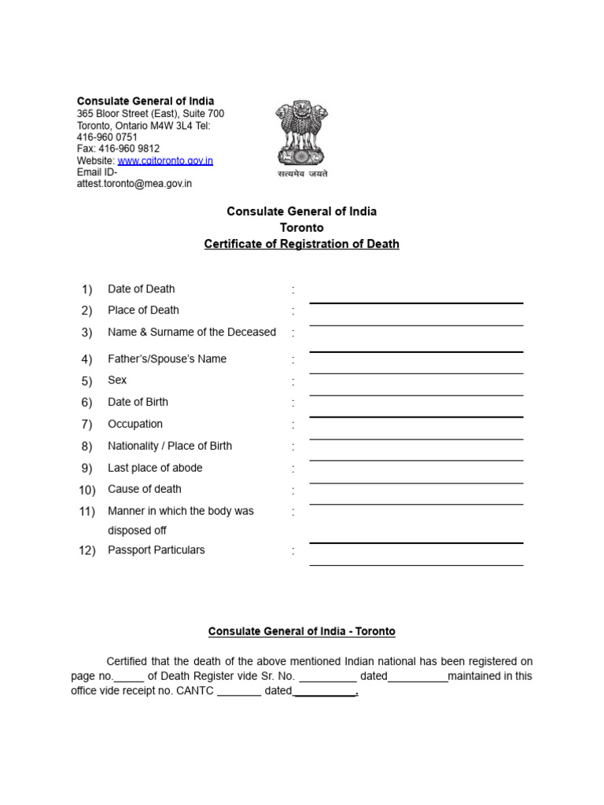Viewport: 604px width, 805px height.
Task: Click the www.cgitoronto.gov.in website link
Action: pyautogui.click(x=165, y=160)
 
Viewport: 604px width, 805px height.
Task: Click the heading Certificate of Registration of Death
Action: pyautogui.click(x=301, y=244)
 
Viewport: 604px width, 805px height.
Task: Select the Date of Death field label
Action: pyautogui.click(x=141, y=289)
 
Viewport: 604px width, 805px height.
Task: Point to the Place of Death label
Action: pyautogui.click(x=143, y=310)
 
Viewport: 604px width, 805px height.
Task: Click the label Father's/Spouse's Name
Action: pyautogui.click(x=167, y=358)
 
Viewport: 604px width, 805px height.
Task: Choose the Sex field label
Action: pyautogui.click(x=117, y=380)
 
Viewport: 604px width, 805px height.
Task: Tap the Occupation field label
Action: pyautogui.click(x=135, y=424)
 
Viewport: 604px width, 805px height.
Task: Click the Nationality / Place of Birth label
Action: pyautogui.click(x=170, y=446)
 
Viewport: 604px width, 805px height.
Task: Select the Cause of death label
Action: pyautogui.click(x=145, y=489)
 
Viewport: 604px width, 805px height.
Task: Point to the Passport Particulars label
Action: pyautogui.click(x=156, y=550)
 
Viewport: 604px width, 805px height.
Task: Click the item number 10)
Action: pyautogui.click(x=87, y=490)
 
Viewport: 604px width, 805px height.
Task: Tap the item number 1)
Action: pyautogui.click(x=87, y=289)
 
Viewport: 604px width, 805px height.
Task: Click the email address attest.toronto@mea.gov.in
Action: pyautogui.click(x=134, y=183)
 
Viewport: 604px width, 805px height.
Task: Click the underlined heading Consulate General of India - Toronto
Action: pyautogui.click(x=301, y=631)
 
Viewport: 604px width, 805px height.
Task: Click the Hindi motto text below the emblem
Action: pyautogui.click(x=302, y=174)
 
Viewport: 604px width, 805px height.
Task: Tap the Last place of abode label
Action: pyautogui.click(x=155, y=468)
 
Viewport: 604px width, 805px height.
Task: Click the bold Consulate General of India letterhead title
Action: pyautogui.click(x=145, y=101)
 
